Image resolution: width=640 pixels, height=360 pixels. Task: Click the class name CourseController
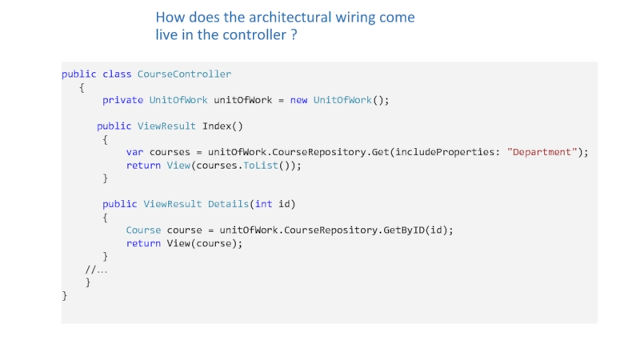(x=184, y=74)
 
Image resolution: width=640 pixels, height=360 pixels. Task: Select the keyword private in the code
(x=122, y=100)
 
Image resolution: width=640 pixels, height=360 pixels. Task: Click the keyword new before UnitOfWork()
(x=298, y=100)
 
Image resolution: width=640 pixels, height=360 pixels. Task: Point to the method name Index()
(x=222, y=126)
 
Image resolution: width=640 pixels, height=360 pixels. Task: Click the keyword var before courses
(x=134, y=152)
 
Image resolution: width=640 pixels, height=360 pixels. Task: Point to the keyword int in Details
(x=263, y=204)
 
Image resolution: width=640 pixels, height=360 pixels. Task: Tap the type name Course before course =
(x=143, y=230)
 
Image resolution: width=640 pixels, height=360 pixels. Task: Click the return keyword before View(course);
(x=143, y=243)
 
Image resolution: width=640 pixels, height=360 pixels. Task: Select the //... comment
(x=97, y=270)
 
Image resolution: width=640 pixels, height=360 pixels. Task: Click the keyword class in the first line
(x=117, y=74)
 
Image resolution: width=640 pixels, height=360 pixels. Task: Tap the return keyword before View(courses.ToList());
(x=143, y=165)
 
